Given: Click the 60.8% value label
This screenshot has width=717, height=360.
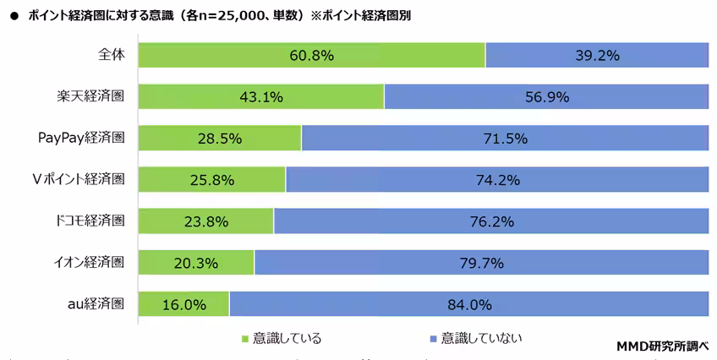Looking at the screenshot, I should (x=310, y=56).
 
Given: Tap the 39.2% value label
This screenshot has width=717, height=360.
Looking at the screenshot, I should (x=596, y=56).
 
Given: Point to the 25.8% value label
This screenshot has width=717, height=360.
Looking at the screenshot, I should (x=211, y=179).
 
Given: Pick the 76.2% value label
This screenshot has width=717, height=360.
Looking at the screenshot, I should (x=491, y=221).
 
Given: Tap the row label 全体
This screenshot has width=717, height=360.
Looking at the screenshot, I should (x=111, y=54).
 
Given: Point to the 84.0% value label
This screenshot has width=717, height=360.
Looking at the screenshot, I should (x=469, y=303).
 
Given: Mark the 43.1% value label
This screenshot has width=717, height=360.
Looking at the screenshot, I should (x=260, y=96).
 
